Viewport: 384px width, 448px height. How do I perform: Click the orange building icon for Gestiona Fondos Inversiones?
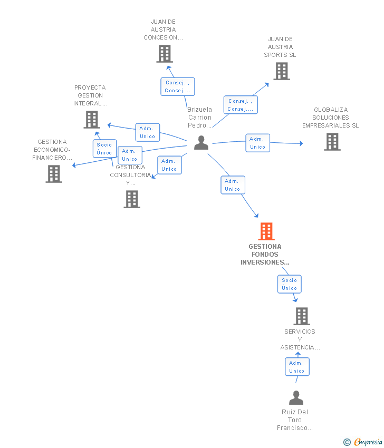pyautogui.click(x=266, y=231)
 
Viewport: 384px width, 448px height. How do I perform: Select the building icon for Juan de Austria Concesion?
pyautogui.click(x=165, y=54)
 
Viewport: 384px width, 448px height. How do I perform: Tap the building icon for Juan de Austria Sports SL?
pyautogui.click(x=282, y=71)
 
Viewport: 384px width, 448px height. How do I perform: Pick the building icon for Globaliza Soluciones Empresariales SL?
pyautogui.click(x=332, y=142)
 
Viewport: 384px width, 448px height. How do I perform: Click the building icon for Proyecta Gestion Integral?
pyautogui.click(x=92, y=120)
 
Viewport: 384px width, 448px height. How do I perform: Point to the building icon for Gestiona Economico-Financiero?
pyautogui.click(x=54, y=174)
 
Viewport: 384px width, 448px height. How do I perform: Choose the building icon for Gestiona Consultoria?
pyautogui.click(x=132, y=199)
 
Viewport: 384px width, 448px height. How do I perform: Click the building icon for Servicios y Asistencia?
pyautogui.click(x=301, y=316)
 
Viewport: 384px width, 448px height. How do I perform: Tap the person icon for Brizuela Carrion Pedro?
pyautogui.click(x=201, y=143)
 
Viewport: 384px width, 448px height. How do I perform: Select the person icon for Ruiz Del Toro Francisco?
pyautogui.click(x=296, y=398)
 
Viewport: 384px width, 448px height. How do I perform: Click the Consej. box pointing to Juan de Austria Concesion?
pyautogui.click(x=178, y=86)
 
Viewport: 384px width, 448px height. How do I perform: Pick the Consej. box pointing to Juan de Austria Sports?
pyautogui.click(x=241, y=105)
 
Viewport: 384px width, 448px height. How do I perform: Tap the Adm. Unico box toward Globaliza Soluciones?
pyautogui.click(x=258, y=143)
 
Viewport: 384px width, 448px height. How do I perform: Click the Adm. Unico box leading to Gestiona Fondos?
pyautogui.click(x=233, y=185)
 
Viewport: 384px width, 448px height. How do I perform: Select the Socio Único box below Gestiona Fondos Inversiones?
pyautogui.click(x=290, y=284)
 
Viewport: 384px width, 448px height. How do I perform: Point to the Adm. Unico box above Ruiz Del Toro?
pyautogui.click(x=297, y=367)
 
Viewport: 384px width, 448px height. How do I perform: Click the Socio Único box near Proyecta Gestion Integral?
pyautogui.click(x=104, y=149)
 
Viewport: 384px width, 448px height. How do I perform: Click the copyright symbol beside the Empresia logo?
pyautogui.click(x=347, y=442)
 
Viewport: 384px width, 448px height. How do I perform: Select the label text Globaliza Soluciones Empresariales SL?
pyautogui.click(x=330, y=118)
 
